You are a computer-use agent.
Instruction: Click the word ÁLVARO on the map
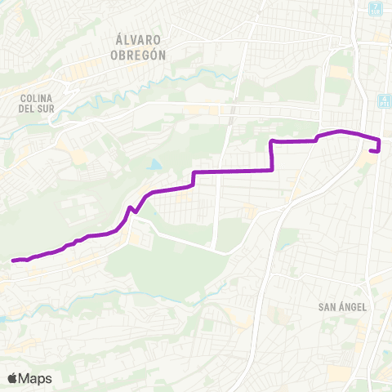[x=137, y=40]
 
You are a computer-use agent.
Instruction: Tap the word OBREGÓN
[x=137, y=55]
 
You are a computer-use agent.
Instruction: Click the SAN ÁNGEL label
[x=341, y=307]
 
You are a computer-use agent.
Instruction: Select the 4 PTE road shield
[x=383, y=101]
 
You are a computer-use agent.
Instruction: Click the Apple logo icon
[x=13, y=378]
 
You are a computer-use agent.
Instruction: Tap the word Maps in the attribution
[x=35, y=378]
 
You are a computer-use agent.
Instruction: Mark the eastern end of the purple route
[x=372, y=151]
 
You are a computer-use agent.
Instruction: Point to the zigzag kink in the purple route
[x=131, y=212]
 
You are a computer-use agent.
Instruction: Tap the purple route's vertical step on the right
[x=271, y=155]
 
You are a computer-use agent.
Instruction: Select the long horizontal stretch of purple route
[x=233, y=171]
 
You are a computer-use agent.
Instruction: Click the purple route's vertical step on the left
[x=194, y=178]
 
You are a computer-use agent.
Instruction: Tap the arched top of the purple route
[x=340, y=131]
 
